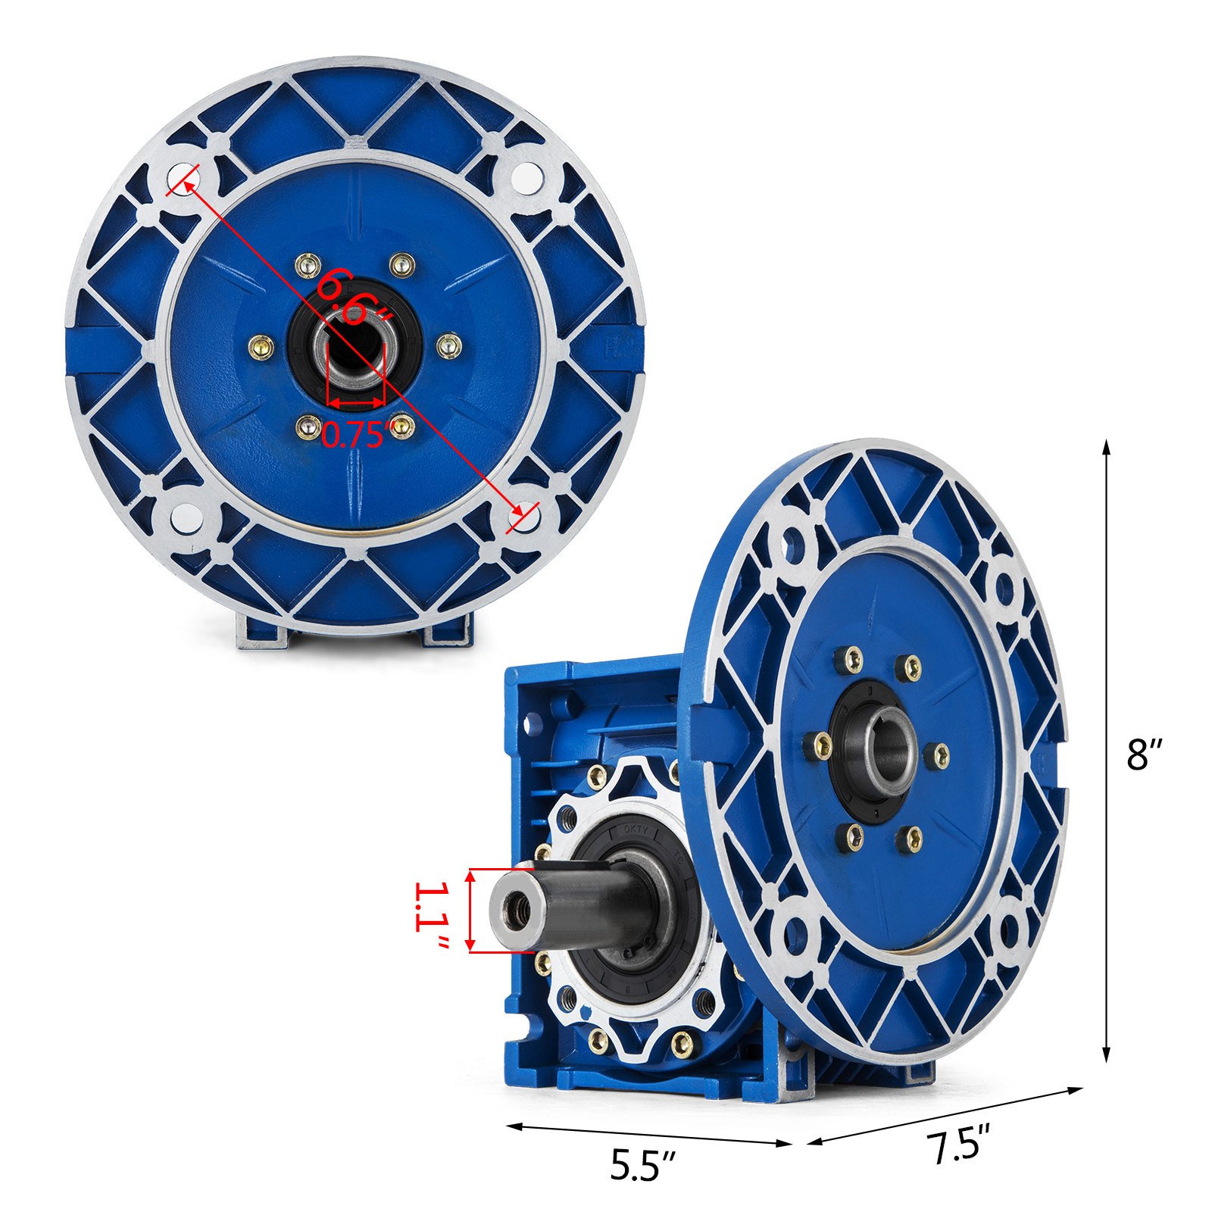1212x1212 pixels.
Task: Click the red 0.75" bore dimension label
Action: click(x=355, y=434)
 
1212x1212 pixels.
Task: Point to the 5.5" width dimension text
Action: click(x=643, y=1166)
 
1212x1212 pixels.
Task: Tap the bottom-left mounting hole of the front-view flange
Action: click(x=183, y=517)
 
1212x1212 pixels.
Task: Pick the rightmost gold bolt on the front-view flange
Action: click(x=450, y=346)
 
